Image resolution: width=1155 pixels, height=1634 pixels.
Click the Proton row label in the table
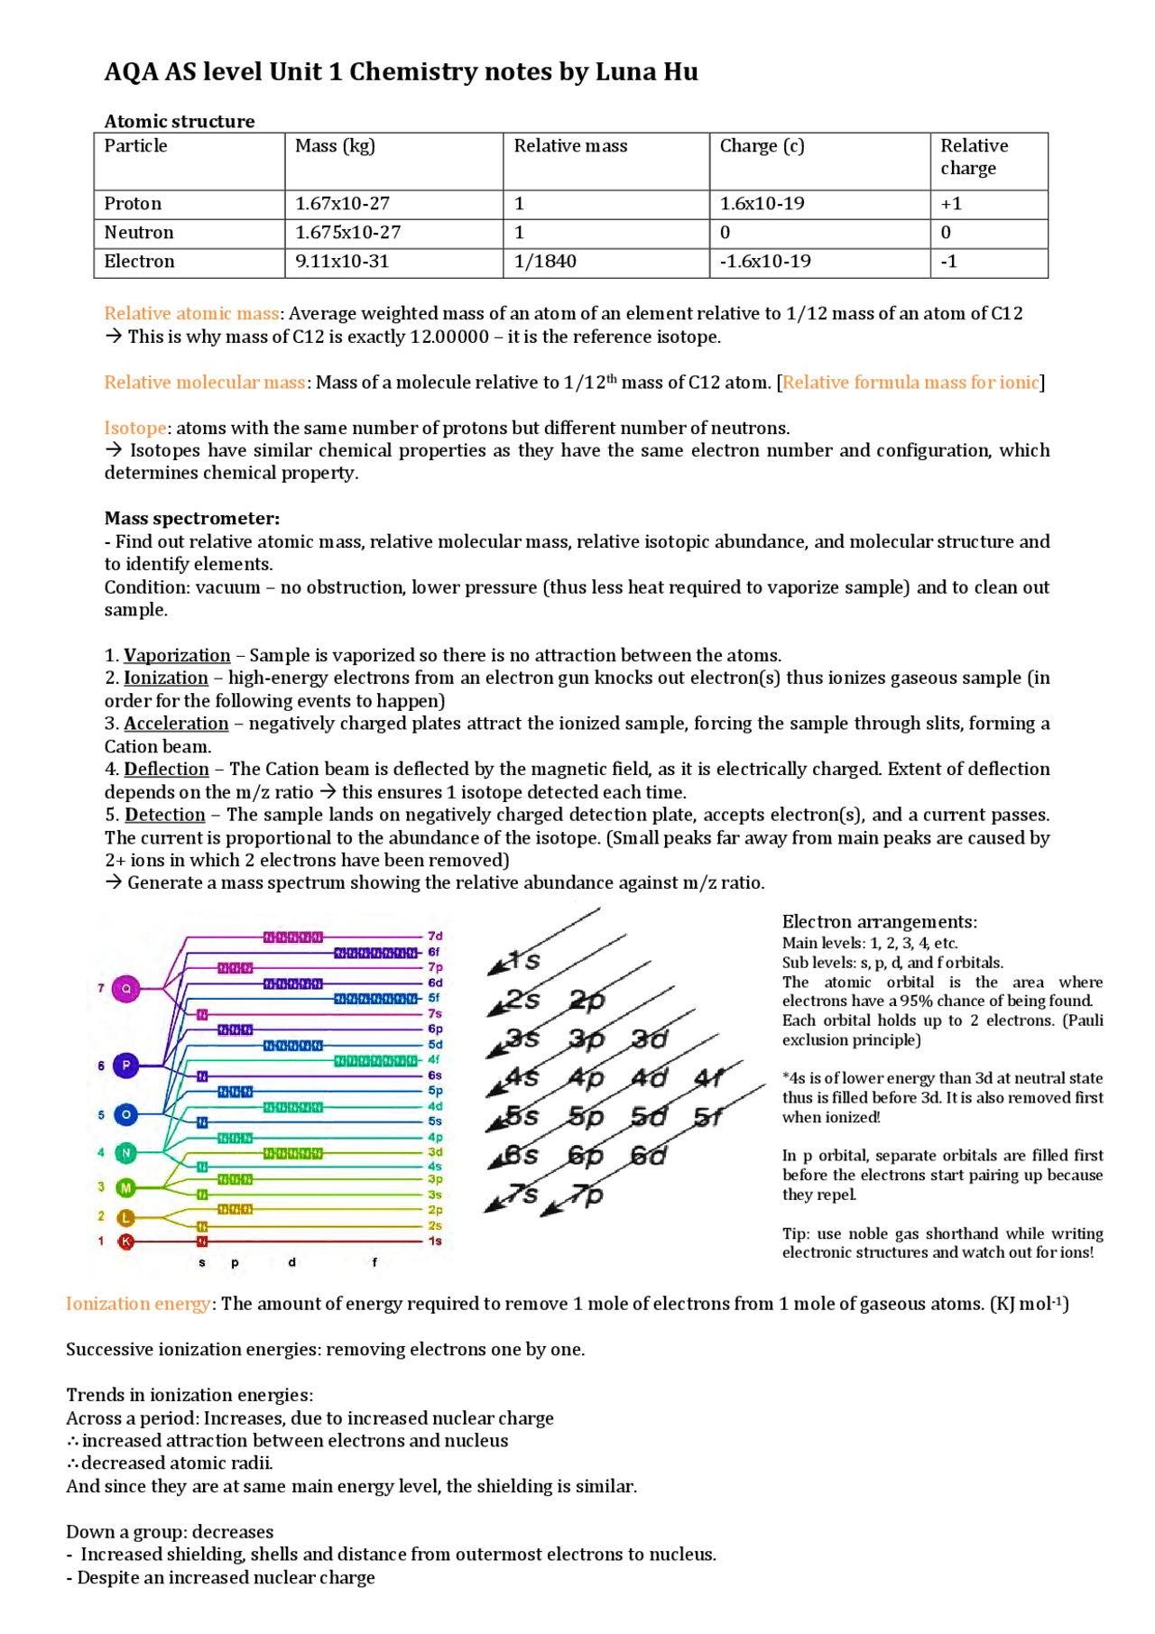click(133, 204)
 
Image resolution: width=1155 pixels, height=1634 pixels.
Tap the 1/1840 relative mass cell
click(545, 262)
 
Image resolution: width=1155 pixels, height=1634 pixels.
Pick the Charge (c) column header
click(762, 146)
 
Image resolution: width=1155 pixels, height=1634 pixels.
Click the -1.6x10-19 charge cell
click(765, 262)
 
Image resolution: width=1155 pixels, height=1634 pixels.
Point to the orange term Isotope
click(135, 428)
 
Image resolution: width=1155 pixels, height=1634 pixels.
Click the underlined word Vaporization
click(177, 655)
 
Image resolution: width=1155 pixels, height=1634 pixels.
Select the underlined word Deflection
click(166, 769)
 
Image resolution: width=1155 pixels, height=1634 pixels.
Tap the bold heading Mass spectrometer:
click(191, 519)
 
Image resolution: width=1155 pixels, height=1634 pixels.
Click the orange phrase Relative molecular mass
click(205, 383)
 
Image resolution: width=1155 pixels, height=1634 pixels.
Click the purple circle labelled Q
click(126, 989)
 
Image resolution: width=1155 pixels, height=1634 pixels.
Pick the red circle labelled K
click(126, 1242)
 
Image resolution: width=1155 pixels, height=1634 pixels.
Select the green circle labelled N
click(126, 1152)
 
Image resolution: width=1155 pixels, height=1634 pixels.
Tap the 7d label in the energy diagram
click(435, 937)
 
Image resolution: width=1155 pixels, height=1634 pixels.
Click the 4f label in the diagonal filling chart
click(709, 1077)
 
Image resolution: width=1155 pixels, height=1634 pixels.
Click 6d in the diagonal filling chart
click(648, 1156)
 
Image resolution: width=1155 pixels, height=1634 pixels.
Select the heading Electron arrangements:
click(879, 922)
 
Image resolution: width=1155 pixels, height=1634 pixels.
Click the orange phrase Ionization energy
click(138, 1304)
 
